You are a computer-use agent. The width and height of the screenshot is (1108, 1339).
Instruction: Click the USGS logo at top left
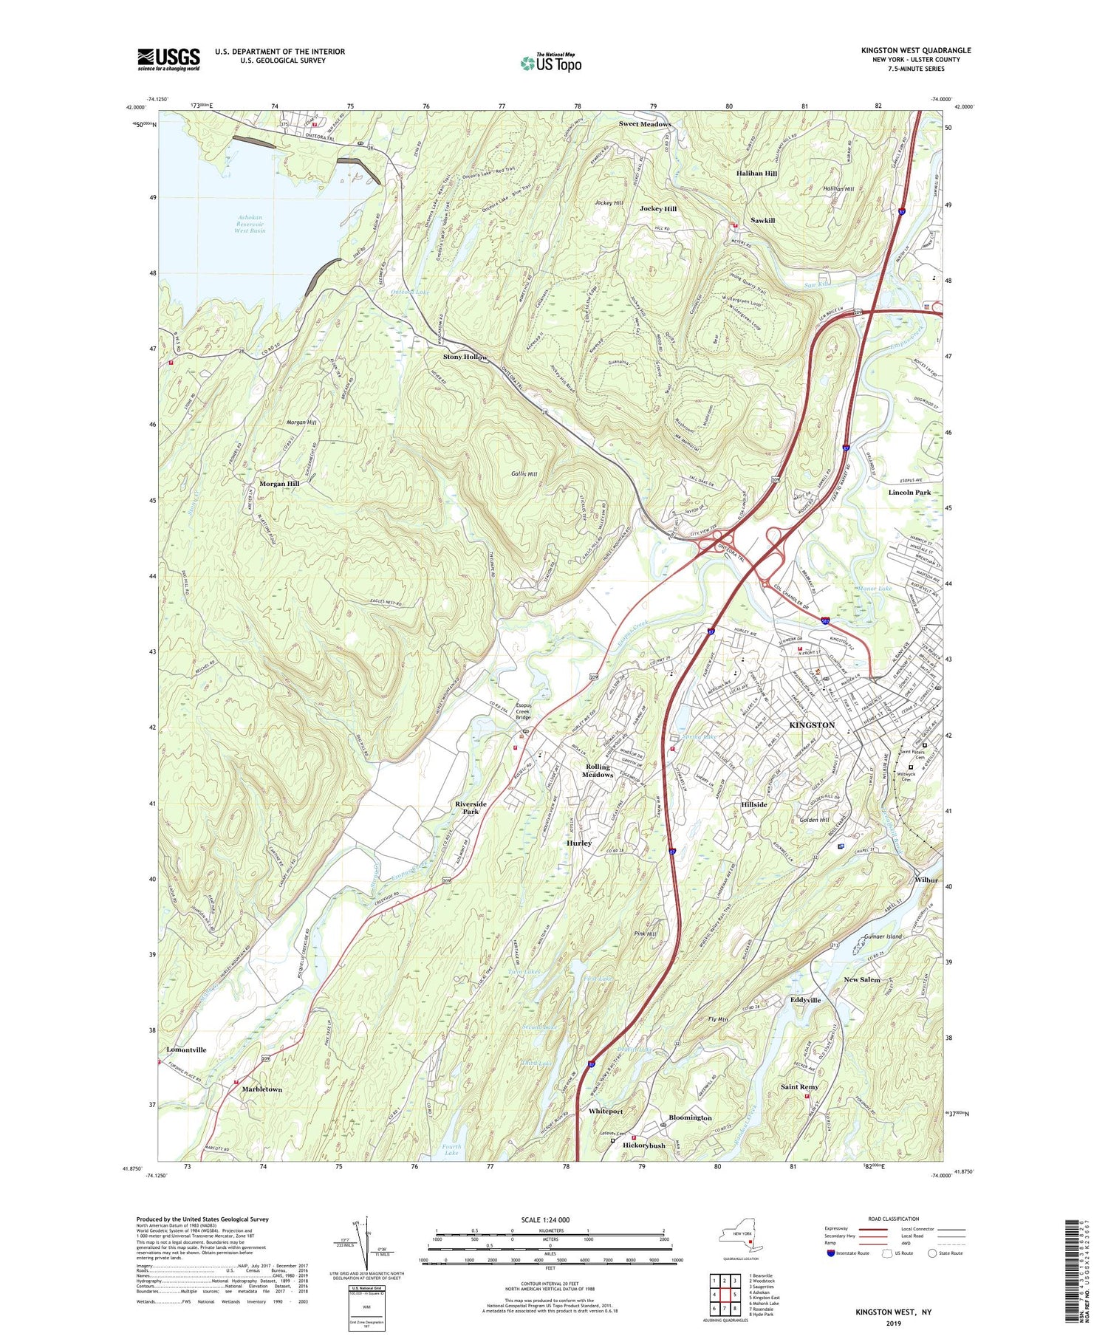pos(168,59)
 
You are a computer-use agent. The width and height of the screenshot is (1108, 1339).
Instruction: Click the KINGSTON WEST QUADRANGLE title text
pos(916,50)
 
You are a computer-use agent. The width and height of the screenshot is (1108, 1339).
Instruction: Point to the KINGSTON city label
pos(812,725)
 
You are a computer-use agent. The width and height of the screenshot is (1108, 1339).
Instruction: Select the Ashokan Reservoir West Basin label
pos(250,224)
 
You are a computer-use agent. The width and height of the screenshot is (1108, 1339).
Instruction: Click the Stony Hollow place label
pos(465,357)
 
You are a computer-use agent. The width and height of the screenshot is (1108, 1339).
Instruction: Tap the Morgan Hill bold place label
pos(278,483)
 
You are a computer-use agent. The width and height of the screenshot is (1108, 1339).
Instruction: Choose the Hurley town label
pos(578,843)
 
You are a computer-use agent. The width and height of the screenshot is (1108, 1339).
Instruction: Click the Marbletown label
pos(262,1089)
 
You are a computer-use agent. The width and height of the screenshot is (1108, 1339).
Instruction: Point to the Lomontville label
pos(186,1049)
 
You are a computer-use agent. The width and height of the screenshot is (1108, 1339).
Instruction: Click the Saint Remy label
pos(799,1086)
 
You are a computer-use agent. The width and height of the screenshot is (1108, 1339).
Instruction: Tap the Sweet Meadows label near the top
pos(645,124)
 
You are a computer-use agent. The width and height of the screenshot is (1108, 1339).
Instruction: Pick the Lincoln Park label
pos(909,492)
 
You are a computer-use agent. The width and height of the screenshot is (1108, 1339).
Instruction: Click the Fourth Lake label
pos(451,1149)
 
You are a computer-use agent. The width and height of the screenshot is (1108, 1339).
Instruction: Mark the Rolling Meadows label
pos(598,770)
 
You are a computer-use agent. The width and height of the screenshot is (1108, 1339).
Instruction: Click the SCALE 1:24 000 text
pos(550,1219)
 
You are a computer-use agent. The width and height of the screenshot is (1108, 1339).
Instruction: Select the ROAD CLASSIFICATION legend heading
pos(894,1219)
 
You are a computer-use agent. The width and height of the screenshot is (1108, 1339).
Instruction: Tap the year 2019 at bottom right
pos(893,1323)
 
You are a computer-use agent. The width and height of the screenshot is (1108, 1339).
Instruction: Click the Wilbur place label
pos(926,880)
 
